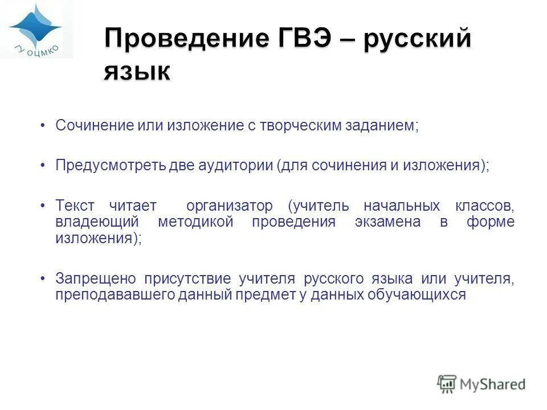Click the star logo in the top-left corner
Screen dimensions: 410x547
pos(35,26)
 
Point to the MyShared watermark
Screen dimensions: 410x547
pos(481,384)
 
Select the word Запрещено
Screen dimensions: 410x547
pos(96,278)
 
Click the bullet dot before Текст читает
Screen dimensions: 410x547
pos(43,206)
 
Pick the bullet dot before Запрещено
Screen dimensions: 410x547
pos(43,278)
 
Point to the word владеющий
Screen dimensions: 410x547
pos(95,222)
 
